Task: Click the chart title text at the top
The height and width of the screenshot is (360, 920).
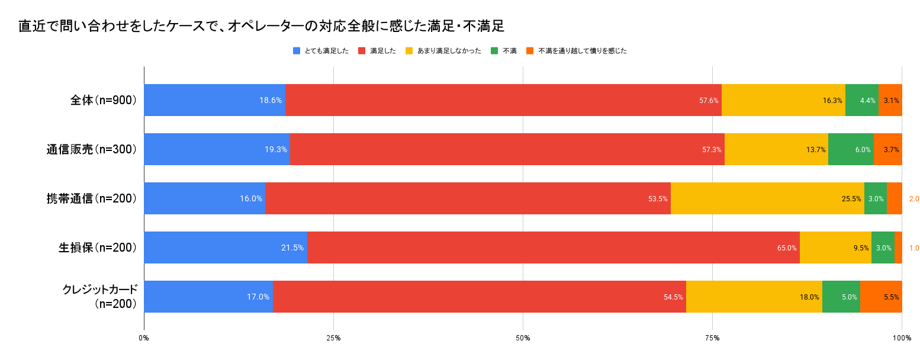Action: [261, 26]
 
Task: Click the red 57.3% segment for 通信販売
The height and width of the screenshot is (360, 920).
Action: [507, 149]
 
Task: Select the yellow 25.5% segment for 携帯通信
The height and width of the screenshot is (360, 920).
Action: [767, 198]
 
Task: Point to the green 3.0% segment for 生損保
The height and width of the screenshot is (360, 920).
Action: [883, 247]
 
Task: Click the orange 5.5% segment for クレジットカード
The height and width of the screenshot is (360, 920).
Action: [881, 297]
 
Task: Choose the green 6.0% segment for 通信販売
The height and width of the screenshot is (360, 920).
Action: [851, 149]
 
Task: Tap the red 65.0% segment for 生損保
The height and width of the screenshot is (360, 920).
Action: [554, 247]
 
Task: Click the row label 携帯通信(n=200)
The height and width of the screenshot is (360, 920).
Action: [92, 198]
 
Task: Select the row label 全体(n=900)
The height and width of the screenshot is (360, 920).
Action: [104, 100]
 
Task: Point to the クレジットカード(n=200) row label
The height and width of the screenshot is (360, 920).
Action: [100, 297]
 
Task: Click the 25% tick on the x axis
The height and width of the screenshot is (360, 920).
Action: [333, 338]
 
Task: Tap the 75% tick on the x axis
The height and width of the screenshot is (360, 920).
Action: [712, 338]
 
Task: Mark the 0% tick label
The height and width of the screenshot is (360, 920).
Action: [144, 338]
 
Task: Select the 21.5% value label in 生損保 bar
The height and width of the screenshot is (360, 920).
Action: [292, 248]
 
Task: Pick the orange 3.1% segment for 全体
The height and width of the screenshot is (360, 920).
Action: [890, 100]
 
